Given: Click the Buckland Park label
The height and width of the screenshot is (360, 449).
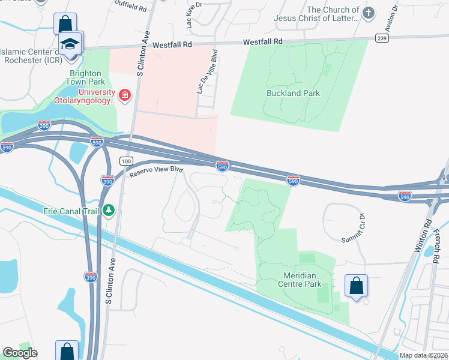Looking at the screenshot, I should tap(293, 93).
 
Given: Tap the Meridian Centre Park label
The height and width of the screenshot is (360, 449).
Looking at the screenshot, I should tap(294, 280).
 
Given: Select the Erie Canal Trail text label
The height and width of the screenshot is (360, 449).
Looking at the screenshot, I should tap(72, 211).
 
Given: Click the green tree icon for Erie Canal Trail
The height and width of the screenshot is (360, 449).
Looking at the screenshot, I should tap(108, 210).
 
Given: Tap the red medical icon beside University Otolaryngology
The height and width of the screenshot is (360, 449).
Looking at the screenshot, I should tap(124, 95).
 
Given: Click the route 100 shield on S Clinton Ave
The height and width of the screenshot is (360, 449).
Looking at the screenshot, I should tap(125, 161).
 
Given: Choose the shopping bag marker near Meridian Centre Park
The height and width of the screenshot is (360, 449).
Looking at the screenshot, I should tap(356, 286).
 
